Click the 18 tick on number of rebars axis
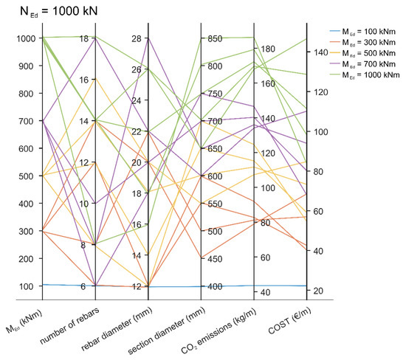tap(84, 38)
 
